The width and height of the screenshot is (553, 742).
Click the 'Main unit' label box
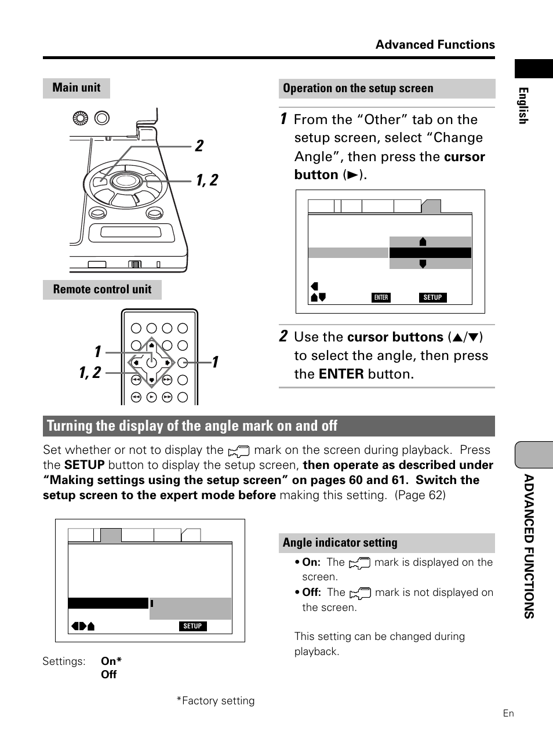[76, 88]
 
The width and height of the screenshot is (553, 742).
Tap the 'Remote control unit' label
[102, 289]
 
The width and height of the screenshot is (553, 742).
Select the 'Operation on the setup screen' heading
[358, 89]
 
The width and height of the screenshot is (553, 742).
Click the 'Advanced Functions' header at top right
[435, 45]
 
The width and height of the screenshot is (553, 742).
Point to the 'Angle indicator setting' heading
[340, 543]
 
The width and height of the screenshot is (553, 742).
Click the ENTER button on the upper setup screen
[381, 297]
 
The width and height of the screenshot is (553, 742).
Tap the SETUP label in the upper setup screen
[432, 297]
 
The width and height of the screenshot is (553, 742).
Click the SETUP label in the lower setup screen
[192, 626]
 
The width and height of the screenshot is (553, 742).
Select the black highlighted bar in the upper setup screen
[430, 253]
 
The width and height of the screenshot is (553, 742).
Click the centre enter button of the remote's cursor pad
[151, 363]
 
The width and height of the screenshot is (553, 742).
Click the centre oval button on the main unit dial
[124, 181]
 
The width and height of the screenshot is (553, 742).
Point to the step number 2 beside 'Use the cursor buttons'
[283, 336]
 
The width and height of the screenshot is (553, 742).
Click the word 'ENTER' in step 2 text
[341, 374]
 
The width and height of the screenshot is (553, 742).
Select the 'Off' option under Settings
[108, 675]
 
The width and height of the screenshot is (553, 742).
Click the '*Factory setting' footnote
[216, 701]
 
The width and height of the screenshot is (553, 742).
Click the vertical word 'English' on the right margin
[523, 106]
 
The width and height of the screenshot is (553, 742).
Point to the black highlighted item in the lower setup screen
[108, 603]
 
